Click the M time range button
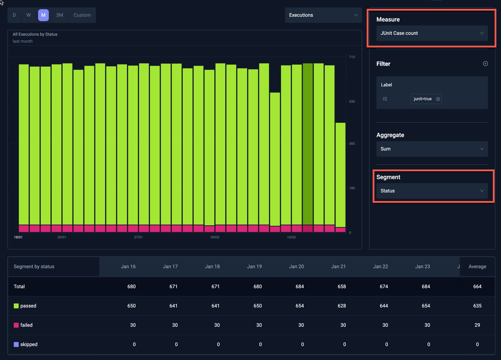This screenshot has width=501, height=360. [43, 15]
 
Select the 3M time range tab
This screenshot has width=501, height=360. [60, 15]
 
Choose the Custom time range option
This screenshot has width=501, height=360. [82, 15]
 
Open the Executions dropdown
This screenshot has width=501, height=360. [323, 15]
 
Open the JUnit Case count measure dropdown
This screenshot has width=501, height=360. [432, 33]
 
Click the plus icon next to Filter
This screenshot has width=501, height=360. [485, 64]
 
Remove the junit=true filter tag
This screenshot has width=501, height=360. [438, 99]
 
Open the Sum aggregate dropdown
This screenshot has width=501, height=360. [432, 149]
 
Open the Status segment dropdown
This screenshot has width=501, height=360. [432, 191]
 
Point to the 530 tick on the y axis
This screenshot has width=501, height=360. [352, 101]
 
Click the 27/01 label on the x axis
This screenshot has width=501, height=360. [138, 237]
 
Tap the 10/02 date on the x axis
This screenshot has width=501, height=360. [291, 237]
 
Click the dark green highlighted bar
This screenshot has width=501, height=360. [307, 144]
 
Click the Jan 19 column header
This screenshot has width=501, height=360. [254, 267]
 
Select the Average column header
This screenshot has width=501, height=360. [477, 267]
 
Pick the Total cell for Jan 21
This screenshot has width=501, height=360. [341, 287]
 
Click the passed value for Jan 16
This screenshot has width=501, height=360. [131, 306]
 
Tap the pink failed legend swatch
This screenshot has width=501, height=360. [16, 325]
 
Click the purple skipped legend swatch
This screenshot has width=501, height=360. [16, 345]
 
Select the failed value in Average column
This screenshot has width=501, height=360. [477, 325]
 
